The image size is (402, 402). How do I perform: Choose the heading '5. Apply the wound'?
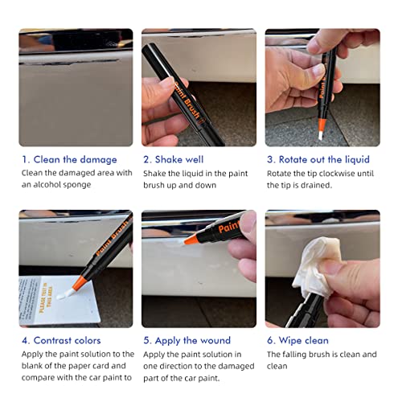pos(187,340)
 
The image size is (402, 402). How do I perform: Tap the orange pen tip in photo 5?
pos(191,239)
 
